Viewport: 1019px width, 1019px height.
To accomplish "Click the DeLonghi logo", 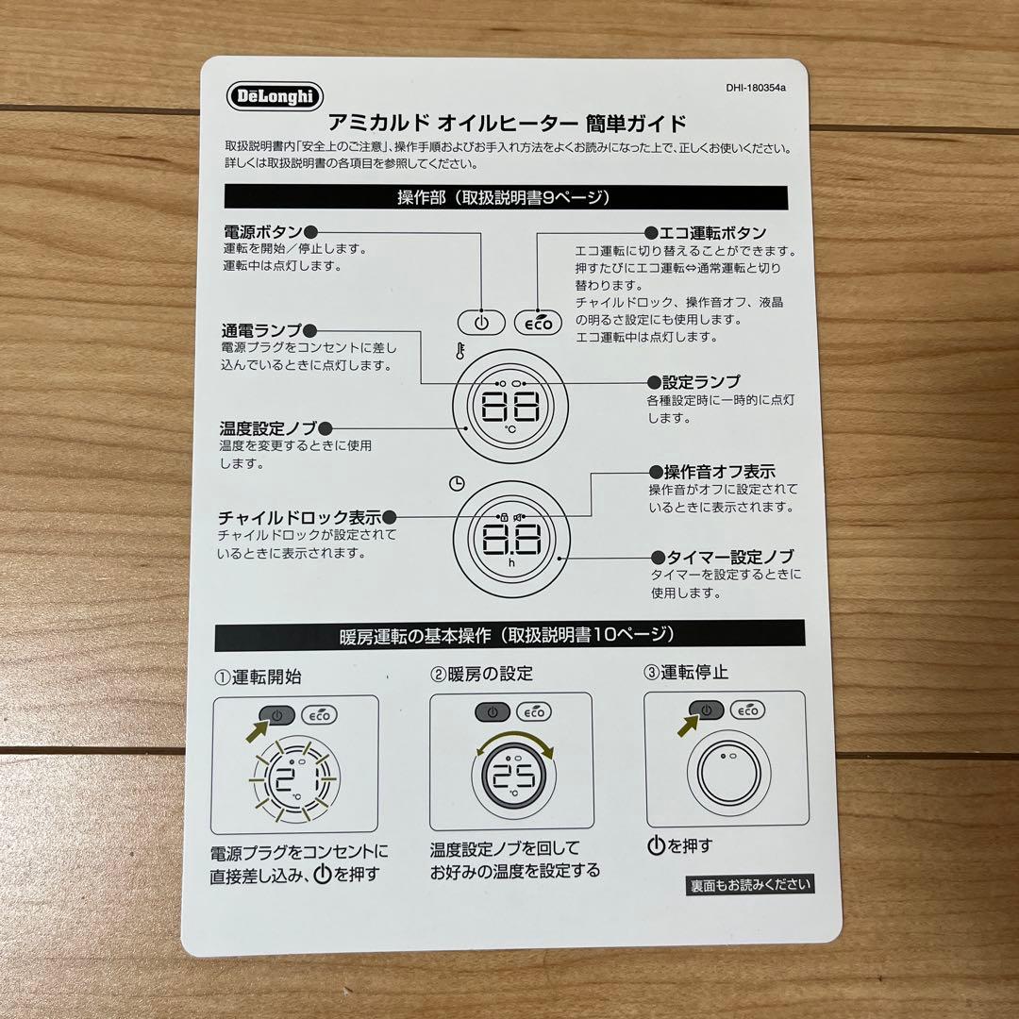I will pyautogui.click(x=276, y=96).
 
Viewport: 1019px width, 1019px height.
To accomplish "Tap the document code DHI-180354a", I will pyautogui.click(x=756, y=89).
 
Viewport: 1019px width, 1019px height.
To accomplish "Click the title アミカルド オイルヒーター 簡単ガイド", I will pyautogui.click(x=506, y=124).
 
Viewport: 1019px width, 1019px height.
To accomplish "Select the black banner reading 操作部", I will pyautogui.click(x=505, y=197).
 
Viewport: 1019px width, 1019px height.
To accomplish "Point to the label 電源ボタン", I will pyautogui.click(x=262, y=232).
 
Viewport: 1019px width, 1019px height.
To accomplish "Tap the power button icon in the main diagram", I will pyautogui.click(x=481, y=323).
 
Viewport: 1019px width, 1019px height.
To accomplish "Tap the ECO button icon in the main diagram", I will pyautogui.click(x=539, y=323).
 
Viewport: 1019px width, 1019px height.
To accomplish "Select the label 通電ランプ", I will pyautogui.click(x=261, y=331).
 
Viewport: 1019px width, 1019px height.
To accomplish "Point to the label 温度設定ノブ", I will pyautogui.click(x=268, y=428).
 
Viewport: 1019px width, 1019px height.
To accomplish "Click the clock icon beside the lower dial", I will pyautogui.click(x=457, y=483).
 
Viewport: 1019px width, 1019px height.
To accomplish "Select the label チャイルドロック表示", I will pyautogui.click(x=299, y=517).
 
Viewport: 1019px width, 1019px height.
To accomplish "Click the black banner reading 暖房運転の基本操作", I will pyautogui.click(x=509, y=635).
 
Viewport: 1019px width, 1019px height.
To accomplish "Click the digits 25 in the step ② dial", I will pyautogui.click(x=513, y=776).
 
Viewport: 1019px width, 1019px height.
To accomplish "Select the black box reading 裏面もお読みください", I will pyautogui.click(x=749, y=885).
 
